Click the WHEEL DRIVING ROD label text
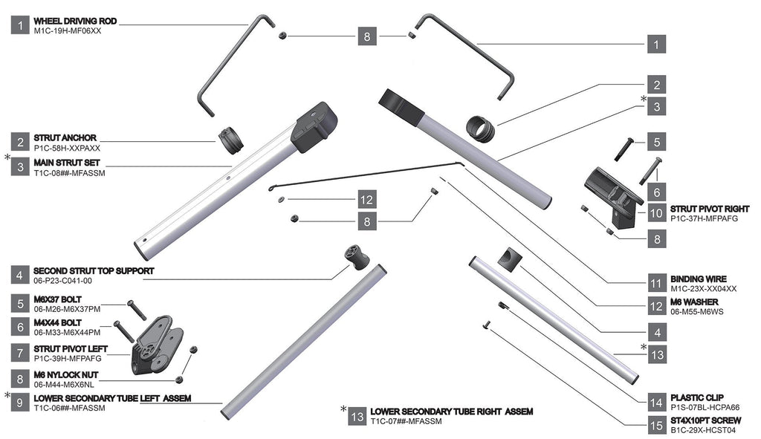pyautogui.click(x=75, y=20)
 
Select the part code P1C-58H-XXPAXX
pyautogui.click(x=67, y=149)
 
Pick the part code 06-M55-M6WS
pyautogui.click(x=696, y=312)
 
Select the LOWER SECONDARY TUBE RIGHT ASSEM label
pyautogui.click(x=451, y=411)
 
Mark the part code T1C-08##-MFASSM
pyautogui.click(x=70, y=172)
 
